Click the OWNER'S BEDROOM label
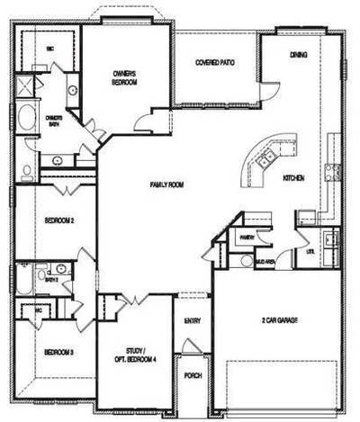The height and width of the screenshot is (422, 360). tap(124, 77)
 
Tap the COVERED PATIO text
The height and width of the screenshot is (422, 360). tap(215, 62)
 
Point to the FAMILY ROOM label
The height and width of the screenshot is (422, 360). tap(166, 184)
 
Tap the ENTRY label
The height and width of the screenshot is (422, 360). tap(193, 319)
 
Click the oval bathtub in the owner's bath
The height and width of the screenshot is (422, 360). tap(24, 121)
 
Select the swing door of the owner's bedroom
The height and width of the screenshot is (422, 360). tap(144, 124)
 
